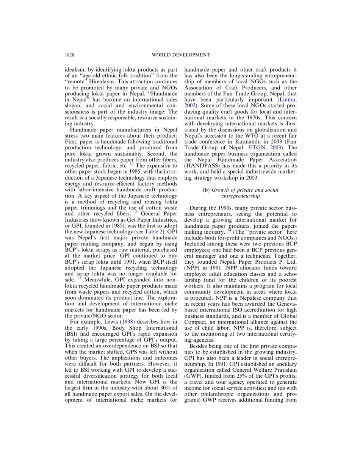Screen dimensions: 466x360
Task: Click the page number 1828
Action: coord(69,55)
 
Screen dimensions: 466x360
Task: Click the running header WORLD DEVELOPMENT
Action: coord(180,55)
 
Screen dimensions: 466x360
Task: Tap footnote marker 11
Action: coord(131,164)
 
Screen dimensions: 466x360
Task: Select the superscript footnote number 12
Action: coord(135,212)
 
